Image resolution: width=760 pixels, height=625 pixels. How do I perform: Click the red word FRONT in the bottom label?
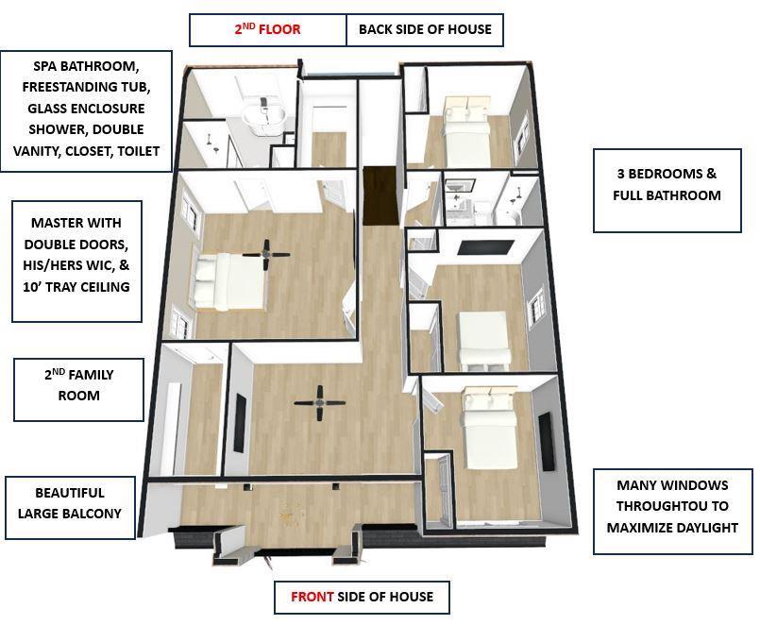click(312, 597)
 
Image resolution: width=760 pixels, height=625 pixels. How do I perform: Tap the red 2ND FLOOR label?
click(267, 29)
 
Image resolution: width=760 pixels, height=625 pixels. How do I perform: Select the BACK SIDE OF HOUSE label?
click(425, 29)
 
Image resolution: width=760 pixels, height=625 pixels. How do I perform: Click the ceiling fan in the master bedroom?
click(266, 254)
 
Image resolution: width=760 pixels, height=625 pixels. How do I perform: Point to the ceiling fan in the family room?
click(319, 402)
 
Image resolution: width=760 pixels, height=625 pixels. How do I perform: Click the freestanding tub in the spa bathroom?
click(264, 116)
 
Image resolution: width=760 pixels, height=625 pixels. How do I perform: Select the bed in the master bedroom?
click(229, 281)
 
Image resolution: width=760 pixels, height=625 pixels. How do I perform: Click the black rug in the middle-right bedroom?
click(486, 247)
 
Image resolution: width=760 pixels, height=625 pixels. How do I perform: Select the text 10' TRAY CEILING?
click(76, 287)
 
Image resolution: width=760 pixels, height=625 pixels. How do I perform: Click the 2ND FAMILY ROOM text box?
click(78, 390)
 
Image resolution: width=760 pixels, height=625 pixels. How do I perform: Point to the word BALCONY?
click(95, 514)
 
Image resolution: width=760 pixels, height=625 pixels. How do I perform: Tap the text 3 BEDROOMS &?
click(667, 174)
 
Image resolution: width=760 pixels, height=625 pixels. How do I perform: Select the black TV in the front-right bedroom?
click(547, 441)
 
